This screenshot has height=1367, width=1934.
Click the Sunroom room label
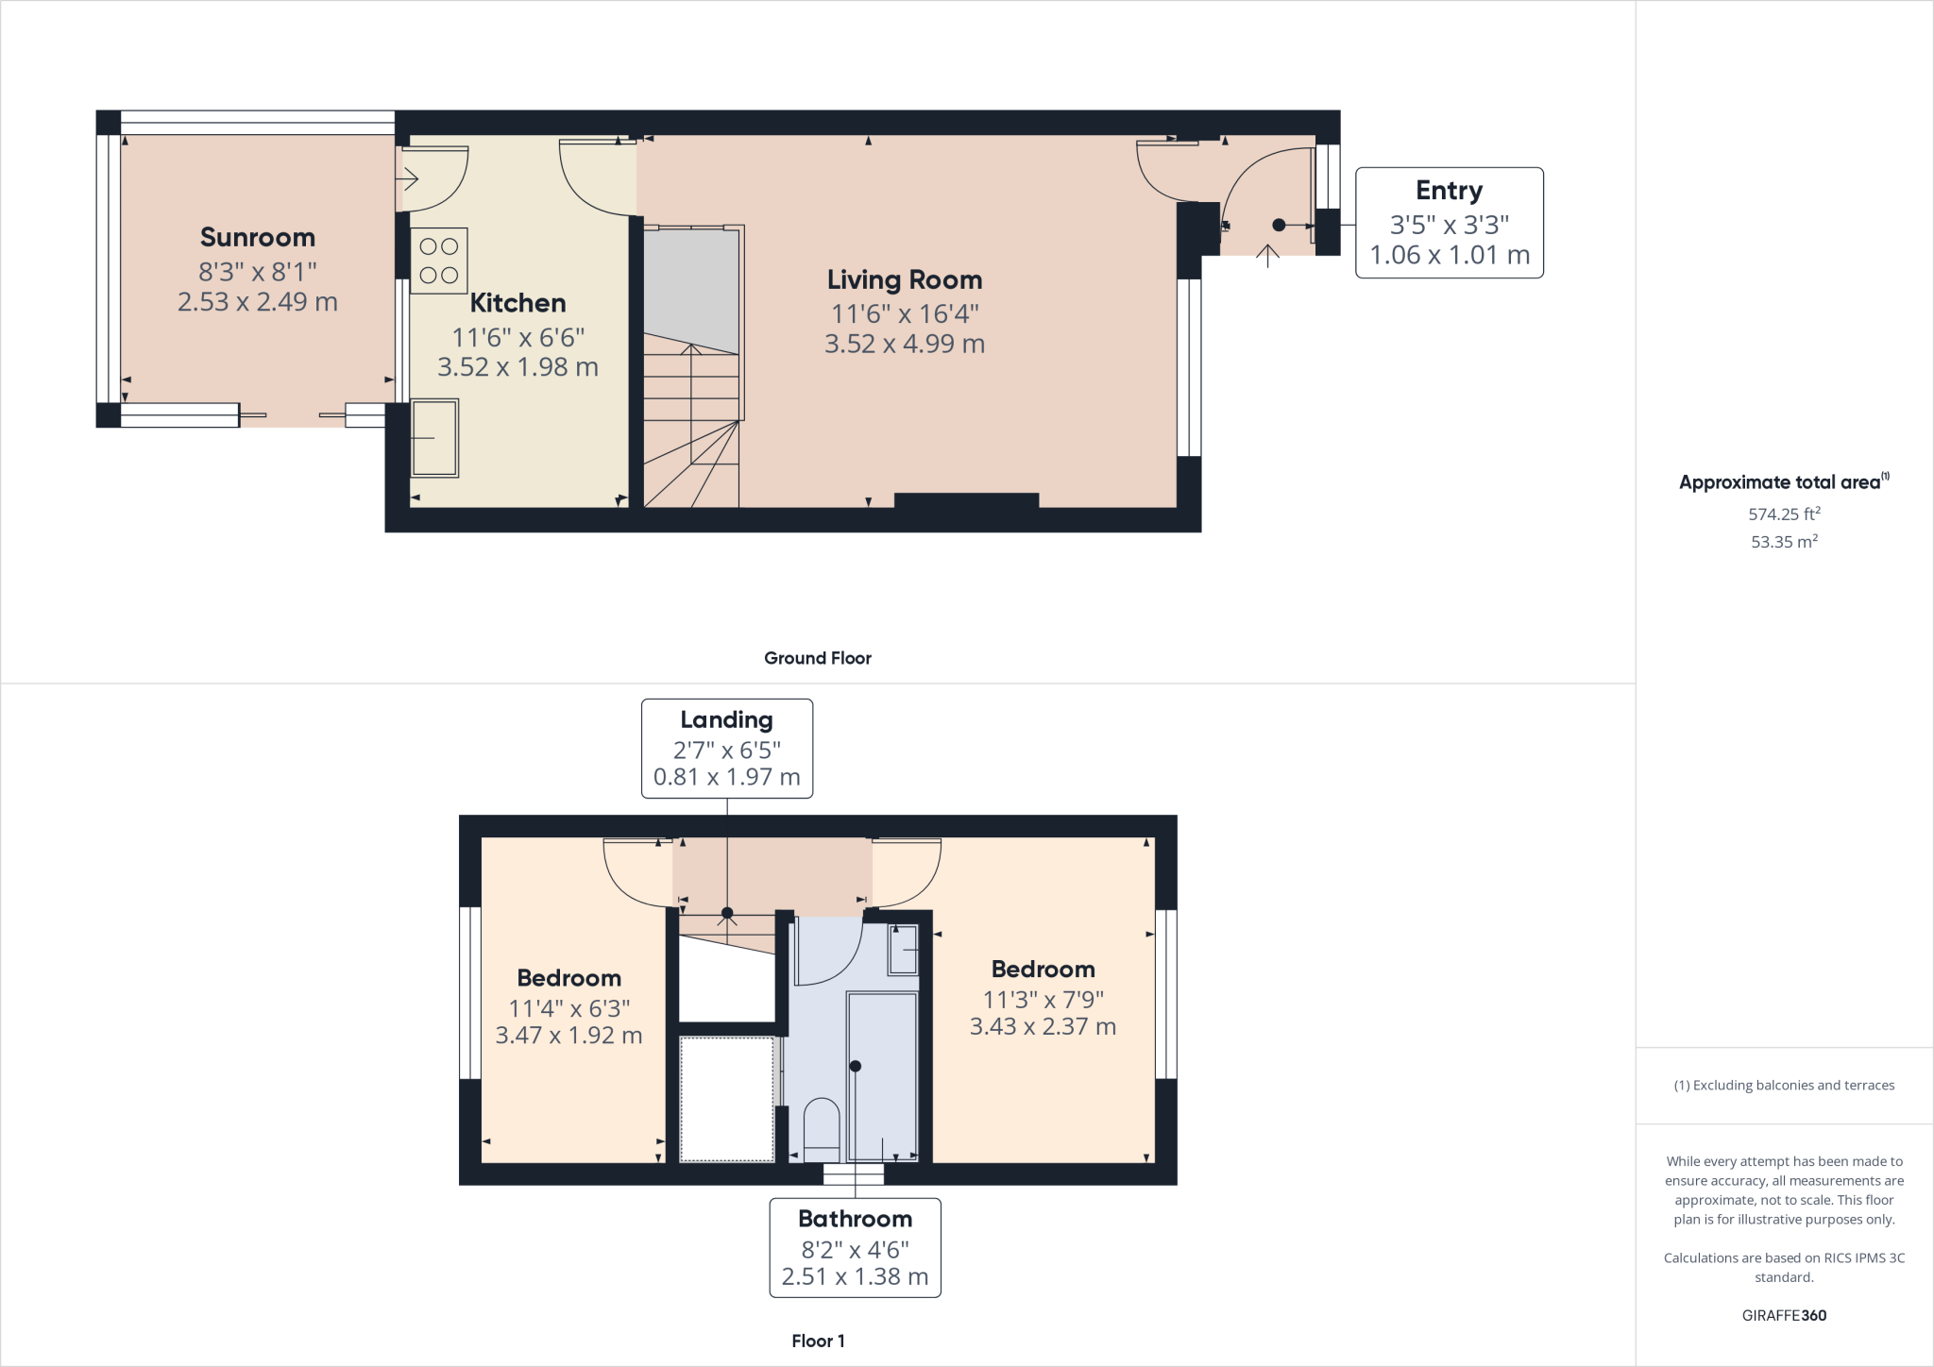click(257, 237)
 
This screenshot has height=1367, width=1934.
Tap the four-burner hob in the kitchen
click(438, 261)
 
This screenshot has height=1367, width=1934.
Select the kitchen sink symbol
click(434, 437)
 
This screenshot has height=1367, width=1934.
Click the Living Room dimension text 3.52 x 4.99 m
click(904, 344)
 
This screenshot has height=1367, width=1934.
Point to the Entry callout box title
click(1449, 191)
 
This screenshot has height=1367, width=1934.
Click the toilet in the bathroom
click(821, 1127)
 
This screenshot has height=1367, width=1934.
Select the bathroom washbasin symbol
click(904, 949)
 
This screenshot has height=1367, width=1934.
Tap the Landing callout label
click(726, 720)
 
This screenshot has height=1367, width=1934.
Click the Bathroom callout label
click(855, 1219)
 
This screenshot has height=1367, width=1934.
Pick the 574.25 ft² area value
click(1783, 515)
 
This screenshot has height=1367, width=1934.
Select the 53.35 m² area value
click(1783, 542)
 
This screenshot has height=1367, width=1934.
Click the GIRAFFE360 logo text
click(1783, 1315)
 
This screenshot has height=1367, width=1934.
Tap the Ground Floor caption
click(817, 658)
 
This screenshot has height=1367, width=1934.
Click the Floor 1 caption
click(818, 1341)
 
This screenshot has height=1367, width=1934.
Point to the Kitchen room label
click(517, 303)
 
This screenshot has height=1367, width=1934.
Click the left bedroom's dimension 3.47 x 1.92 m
click(568, 1036)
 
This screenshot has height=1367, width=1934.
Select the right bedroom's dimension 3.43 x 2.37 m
click(1043, 1026)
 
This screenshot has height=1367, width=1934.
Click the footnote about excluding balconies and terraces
click(1783, 1086)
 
